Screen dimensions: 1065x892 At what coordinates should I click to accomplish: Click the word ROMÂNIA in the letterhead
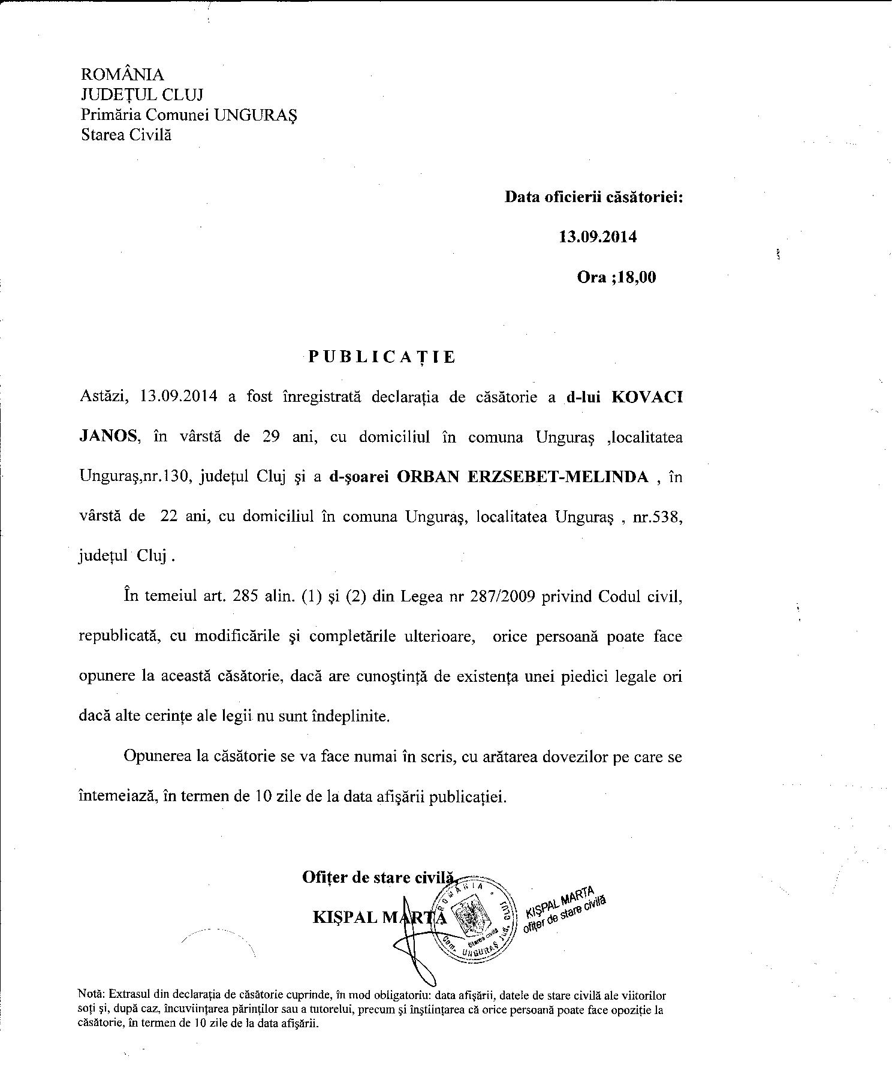coord(122,74)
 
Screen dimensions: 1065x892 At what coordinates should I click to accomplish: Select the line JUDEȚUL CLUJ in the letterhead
coord(142,94)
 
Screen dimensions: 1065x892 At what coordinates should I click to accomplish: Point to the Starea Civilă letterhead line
coord(126,134)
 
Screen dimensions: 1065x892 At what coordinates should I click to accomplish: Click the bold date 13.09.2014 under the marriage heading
coord(598,236)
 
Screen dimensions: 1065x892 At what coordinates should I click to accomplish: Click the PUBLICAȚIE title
coord(382,357)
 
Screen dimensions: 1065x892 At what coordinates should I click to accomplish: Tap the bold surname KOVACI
coord(646,398)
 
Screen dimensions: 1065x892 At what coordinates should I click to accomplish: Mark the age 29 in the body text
coord(272,437)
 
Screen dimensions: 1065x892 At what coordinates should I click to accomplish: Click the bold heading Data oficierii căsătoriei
coord(593,197)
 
